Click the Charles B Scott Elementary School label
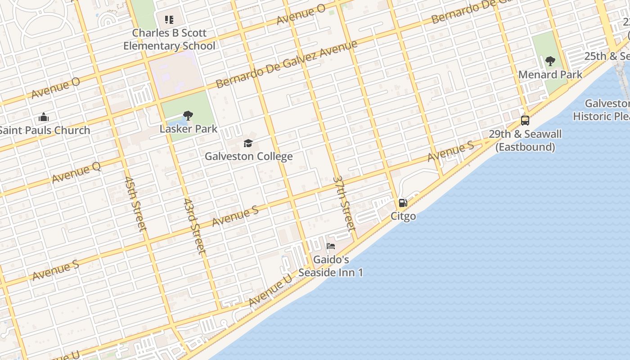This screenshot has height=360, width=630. click(x=169, y=39)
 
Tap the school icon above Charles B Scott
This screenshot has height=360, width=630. click(x=169, y=20)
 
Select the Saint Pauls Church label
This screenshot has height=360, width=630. click(x=44, y=130)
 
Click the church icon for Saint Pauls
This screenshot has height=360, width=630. click(x=44, y=117)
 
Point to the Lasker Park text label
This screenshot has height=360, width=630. click(x=189, y=129)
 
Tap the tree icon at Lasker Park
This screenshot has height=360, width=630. click(x=188, y=116)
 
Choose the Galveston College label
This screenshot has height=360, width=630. click(x=248, y=157)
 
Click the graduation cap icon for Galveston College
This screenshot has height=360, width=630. click(x=248, y=144)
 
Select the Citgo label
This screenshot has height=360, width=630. click(x=403, y=216)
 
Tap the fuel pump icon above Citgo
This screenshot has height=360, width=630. click(x=403, y=203)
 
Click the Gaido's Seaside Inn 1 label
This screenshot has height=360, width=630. click(x=331, y=266)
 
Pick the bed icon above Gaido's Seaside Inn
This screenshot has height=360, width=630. click(x=331, y=247)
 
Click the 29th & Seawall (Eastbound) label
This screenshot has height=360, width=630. click(x=525, y=140)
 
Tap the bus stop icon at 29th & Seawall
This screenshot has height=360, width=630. click(x=525, y=121)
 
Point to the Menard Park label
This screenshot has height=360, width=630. click(x=550, y=75)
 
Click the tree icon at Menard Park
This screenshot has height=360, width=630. click(x=550, y=61)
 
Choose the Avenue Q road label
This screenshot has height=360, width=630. click(x=76, y=172)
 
